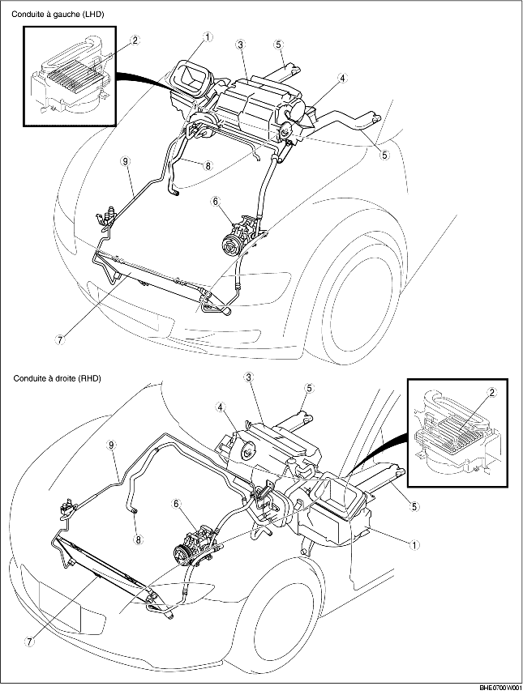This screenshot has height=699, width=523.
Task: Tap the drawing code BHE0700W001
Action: (495, 688)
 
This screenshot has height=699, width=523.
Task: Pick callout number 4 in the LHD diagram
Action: (343, 79)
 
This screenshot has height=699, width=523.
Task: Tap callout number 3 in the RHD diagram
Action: (248, 377)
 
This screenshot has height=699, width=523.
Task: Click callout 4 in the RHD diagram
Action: (220, 407)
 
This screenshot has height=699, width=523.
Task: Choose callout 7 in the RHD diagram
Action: (29, 641)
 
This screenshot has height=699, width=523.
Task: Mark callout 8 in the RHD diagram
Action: (139, 538)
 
